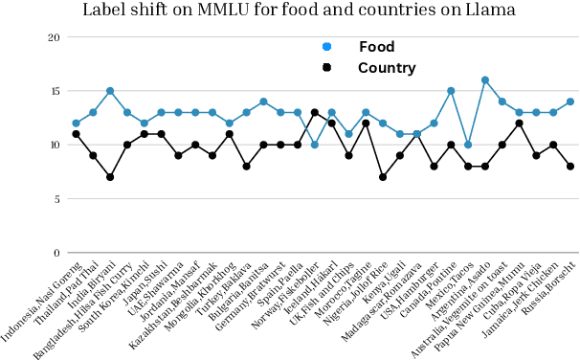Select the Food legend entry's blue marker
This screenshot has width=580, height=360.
327,47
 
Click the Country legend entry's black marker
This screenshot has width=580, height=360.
327,68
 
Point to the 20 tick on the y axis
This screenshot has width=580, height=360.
54,37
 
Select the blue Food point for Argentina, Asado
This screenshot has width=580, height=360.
485,80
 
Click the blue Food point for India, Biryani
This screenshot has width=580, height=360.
110,91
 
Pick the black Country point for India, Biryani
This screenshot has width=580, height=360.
110,177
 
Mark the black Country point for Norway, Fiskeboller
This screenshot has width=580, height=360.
315,113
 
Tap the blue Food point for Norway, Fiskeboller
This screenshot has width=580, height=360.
315,145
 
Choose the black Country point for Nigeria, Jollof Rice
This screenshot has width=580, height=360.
383,177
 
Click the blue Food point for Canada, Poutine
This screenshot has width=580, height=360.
451,91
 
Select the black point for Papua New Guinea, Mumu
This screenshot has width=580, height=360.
520,124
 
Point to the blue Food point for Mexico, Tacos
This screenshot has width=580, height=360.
468,145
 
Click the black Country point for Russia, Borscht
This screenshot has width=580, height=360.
570,167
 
